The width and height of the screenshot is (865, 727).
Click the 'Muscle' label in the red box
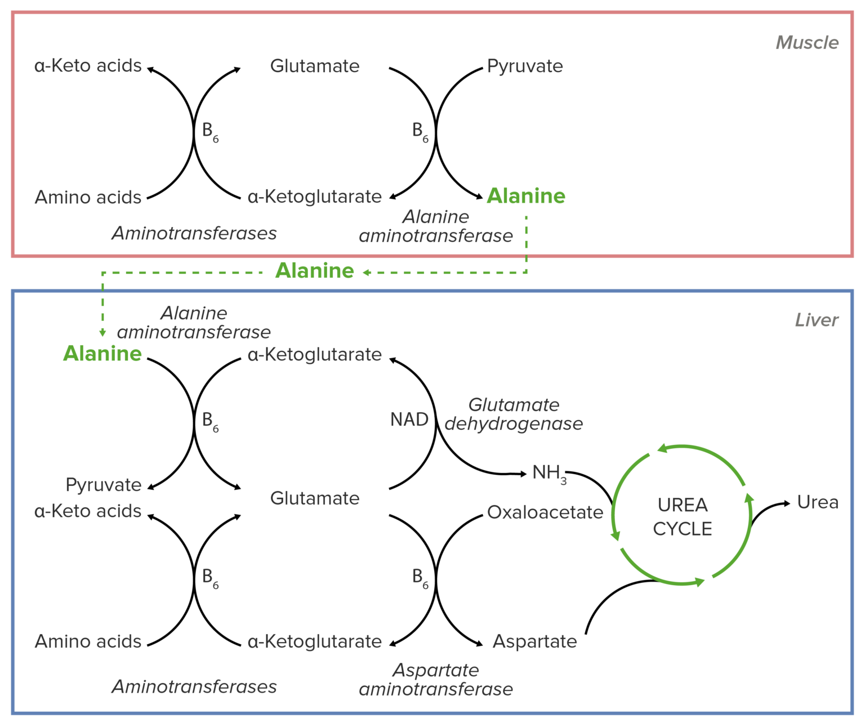click(806, 43)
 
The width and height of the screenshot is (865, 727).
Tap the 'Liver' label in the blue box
click(816, 320)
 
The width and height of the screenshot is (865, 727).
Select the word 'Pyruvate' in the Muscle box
click(524, 66)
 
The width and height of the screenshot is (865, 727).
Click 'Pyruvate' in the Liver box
click(103, 485)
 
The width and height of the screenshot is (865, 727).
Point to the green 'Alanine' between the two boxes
click(314, 271)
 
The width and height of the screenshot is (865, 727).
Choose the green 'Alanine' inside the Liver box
click(102, 354)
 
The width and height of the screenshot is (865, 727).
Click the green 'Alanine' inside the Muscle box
click(525, 196)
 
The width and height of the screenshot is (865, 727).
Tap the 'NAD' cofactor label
click(409, 420)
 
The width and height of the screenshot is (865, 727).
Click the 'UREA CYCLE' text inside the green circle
click(682, 517)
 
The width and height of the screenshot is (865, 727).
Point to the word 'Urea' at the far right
click(817, 502)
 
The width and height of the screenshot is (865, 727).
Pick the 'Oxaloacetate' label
click(545, 512)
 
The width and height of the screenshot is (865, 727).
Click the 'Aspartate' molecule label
click(534, 641)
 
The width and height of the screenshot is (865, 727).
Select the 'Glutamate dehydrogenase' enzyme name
click(513, 414)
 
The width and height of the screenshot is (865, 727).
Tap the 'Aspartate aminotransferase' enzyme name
click(435, 680)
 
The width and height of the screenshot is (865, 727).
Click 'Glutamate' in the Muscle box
click(314, 66)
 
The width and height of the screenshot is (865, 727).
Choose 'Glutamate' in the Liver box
click(314, 498)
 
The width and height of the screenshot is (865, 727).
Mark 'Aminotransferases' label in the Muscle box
click(194, 233)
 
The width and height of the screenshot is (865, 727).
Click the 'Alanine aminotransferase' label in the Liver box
click(194, 323)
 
